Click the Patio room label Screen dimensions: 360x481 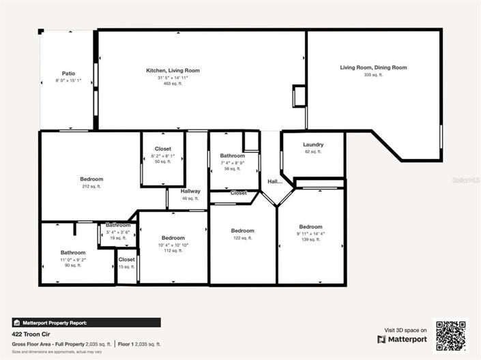(68, 73)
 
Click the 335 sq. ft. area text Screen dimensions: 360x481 (373, 74)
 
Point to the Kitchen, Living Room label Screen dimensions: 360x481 (173, 70)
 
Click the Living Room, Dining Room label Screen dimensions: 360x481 (373, 67)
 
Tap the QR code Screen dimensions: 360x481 (451, 335)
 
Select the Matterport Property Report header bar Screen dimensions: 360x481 (86, 322)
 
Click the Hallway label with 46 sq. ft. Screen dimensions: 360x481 (190, 192)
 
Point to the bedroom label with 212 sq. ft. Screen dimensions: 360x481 (91, 179)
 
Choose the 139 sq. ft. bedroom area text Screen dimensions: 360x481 (310, 240)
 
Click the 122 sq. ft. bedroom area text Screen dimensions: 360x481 (242, 238)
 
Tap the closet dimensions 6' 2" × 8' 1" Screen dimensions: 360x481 (163, 155)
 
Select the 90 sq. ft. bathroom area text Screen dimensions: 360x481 (72, 265)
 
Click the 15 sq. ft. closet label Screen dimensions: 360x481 (127, 260)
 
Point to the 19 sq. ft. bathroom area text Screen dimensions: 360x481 (118, 238)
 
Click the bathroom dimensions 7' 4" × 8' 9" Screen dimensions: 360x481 (232, 163)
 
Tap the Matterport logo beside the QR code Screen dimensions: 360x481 (402, 339)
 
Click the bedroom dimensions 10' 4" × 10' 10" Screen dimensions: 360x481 (173, 245)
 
